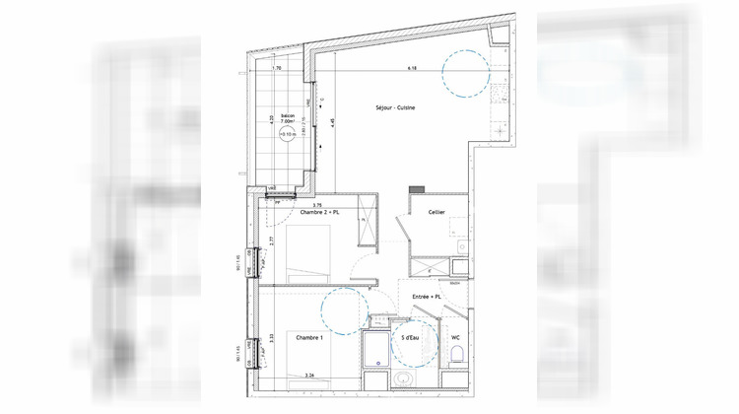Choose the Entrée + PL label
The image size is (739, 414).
425,296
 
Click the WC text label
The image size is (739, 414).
455,338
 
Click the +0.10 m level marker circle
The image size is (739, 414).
287,136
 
